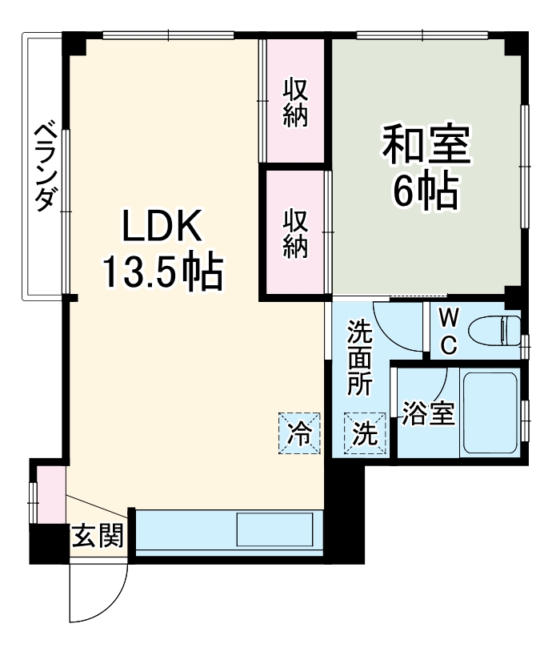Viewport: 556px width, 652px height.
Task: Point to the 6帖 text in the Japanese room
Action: [425, 190]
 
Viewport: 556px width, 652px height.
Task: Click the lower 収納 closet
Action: [295, 232]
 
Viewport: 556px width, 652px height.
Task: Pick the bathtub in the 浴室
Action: [490, 413]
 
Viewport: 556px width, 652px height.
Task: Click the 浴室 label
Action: [428, 414]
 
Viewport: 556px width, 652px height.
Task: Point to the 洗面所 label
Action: [359, 356]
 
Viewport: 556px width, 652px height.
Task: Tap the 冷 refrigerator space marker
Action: [299, 433]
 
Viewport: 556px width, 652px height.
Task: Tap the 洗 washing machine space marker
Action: [365, 433]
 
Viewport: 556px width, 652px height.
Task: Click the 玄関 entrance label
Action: [98, 536]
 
